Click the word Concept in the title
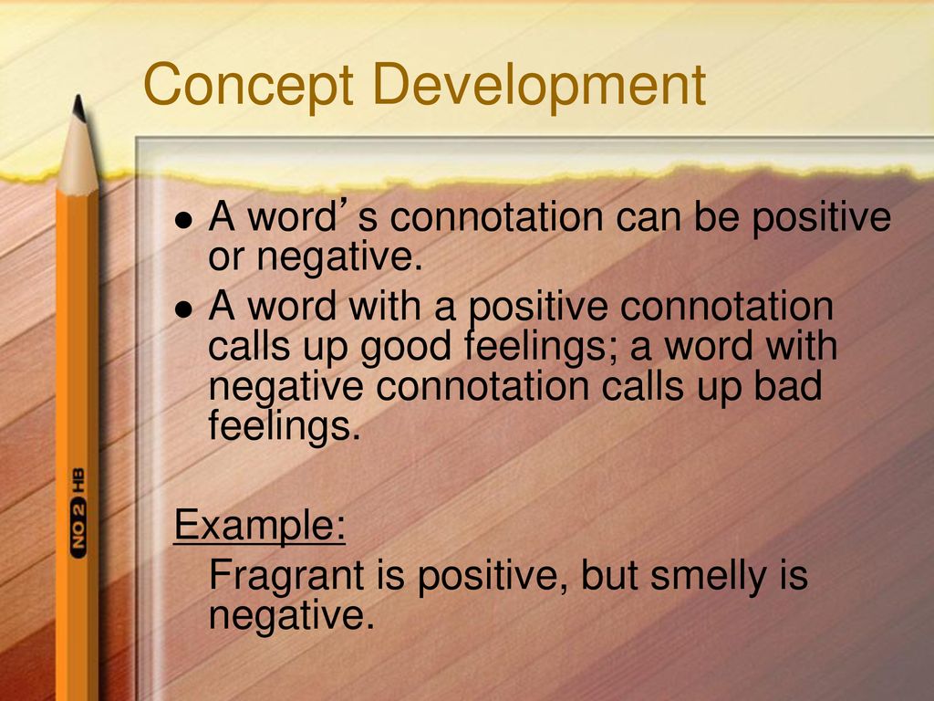(x=248, y=85)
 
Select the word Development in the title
(x=539, y=85)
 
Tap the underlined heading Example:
(x=259, y=525)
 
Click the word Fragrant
(x=285, y=577)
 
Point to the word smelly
(x=708, y=577)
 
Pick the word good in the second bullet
(x=406, y=347)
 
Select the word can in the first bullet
(x=649, y=217)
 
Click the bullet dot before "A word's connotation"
(x=184, y=220)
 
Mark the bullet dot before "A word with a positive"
(x=184, y=309)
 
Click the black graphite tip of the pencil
(x=78, y=108)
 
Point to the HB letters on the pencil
(x=78, y=480)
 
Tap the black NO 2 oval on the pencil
(x=78, y=527)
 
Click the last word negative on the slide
(x=291, y=616)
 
